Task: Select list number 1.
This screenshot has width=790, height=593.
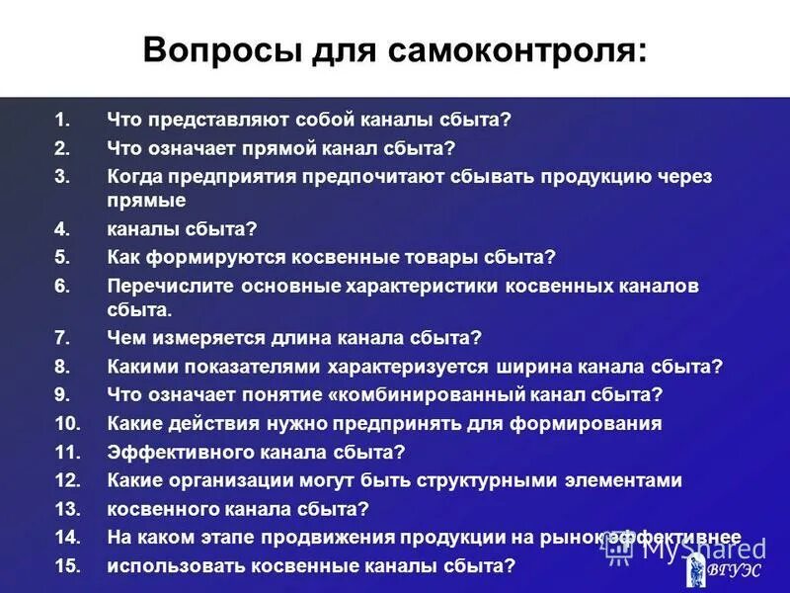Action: click(x=61, y=121)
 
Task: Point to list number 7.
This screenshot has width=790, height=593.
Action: click(x=61, y=338)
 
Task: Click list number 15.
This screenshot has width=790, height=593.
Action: click(x=66, y=566)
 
